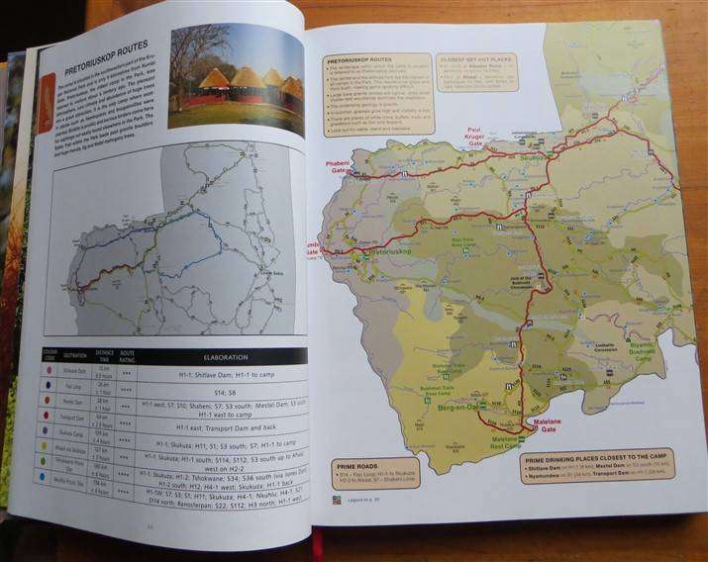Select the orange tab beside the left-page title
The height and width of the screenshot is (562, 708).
(x=46, y=105)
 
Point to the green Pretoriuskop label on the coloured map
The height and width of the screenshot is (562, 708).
(x=372, y=253)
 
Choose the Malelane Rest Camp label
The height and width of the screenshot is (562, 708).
(x=510, y=446)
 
